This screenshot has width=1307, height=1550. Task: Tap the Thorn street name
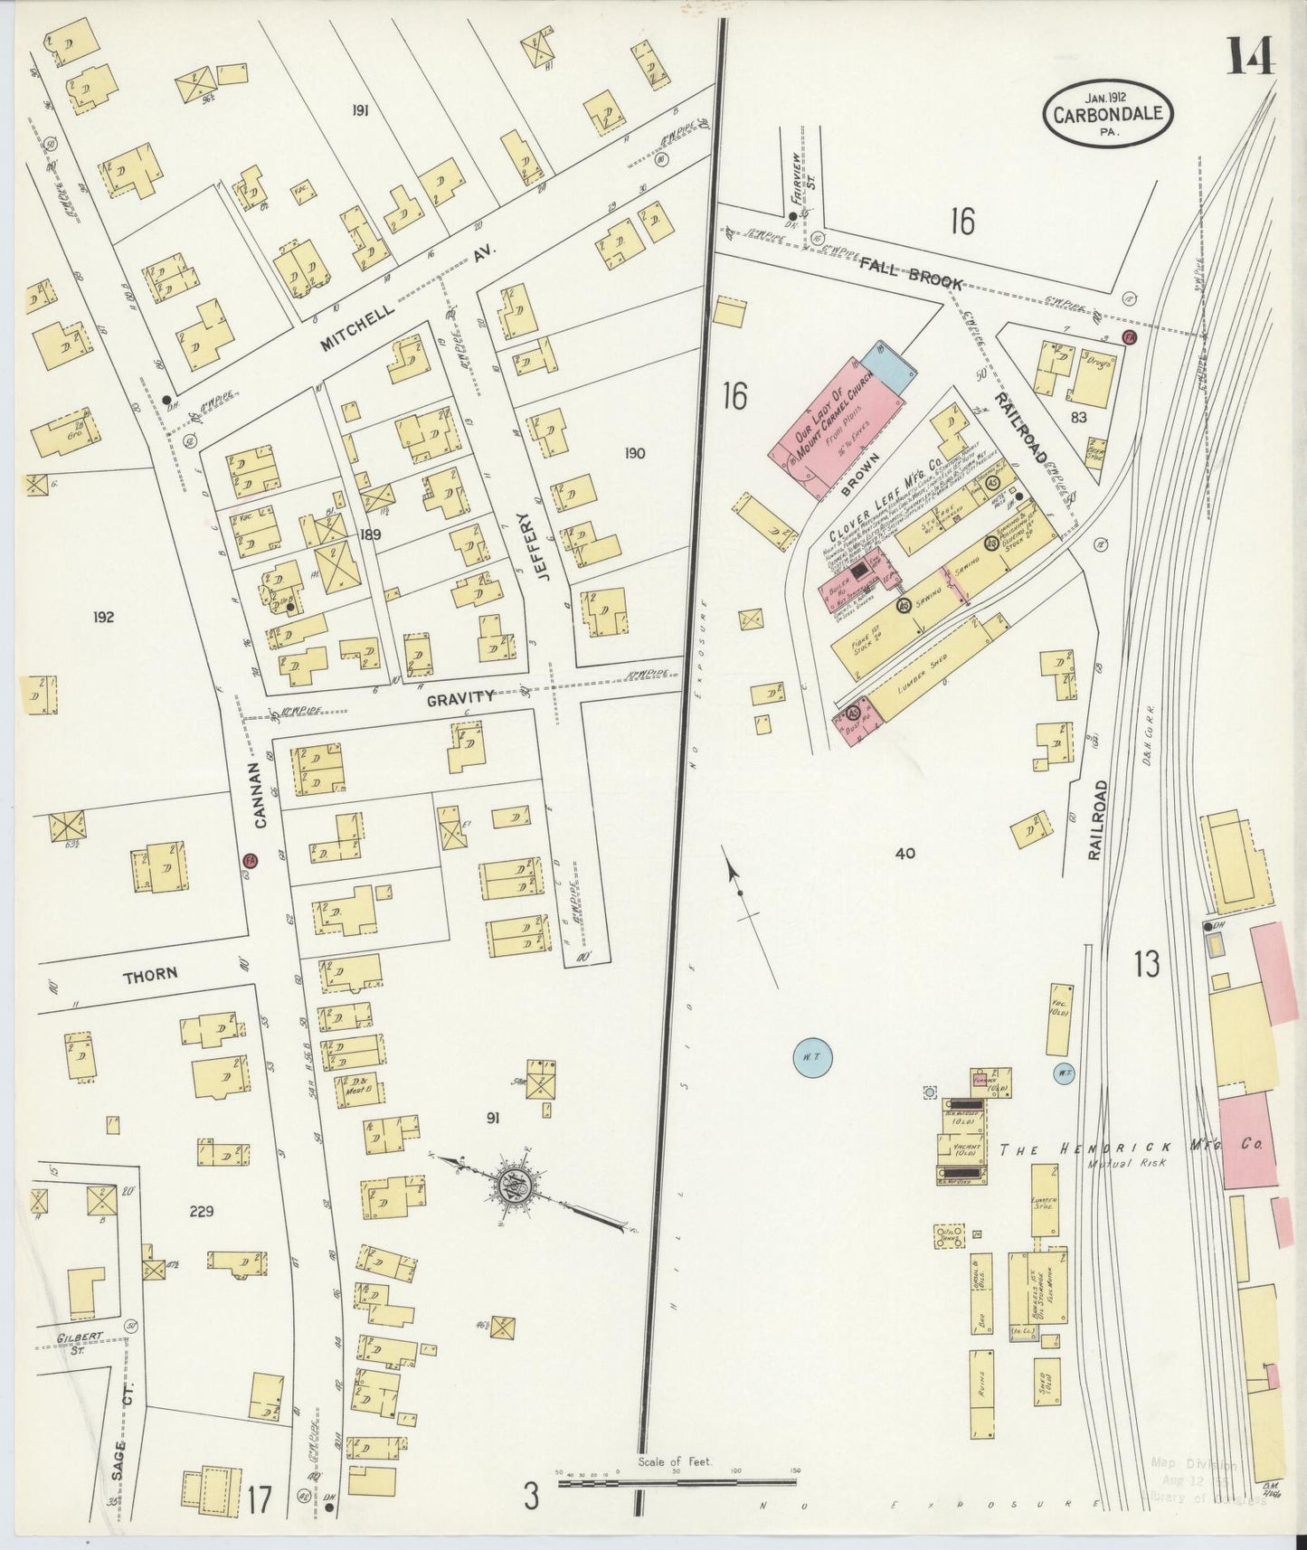149,974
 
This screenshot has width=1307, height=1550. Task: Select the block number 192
102,618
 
